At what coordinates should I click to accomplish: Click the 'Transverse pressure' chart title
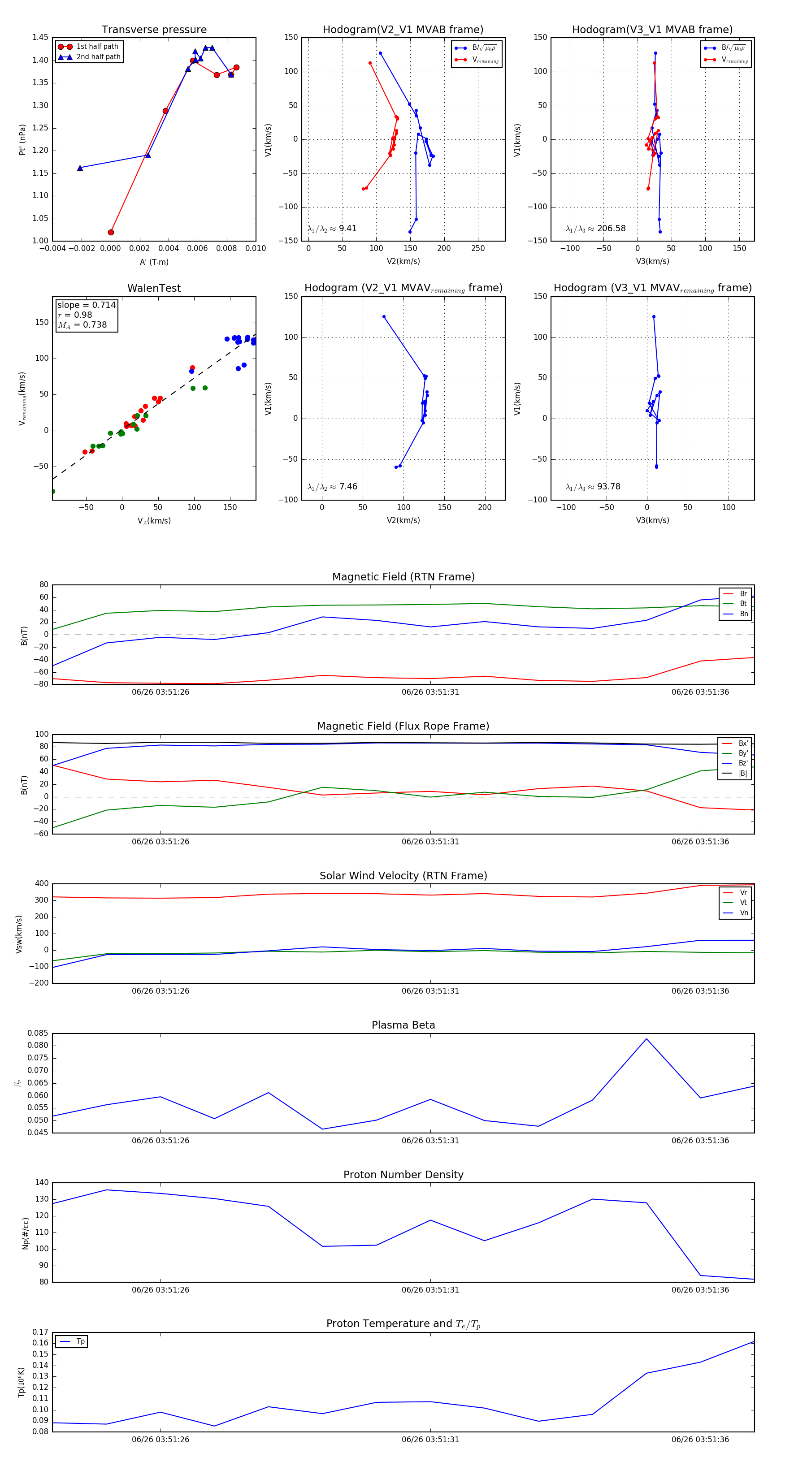pyautogui.click(x=154, y=30)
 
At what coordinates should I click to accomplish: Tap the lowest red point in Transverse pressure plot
pyautogui.click(x=111, y=233)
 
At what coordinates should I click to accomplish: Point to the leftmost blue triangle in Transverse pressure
pyautogui.click(x=80, y=168)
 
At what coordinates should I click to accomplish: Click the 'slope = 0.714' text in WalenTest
pyautogui.click(x=86, y=305)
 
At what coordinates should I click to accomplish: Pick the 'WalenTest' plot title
pyautogui.click(x=154, y=288)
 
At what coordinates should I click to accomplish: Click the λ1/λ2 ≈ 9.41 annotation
pyautogui.click(x=332, y=229)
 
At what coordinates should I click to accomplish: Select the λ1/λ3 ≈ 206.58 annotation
pyautogui.click(x=596, y=229)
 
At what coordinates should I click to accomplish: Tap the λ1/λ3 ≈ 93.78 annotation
pyautogui.click(x=593, y=487)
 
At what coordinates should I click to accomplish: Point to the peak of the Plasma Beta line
pyautogui.click(x=646, y=1038)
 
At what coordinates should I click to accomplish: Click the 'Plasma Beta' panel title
pyautogui.click(x=403, y=1025)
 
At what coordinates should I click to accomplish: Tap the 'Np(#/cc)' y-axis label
pyautogui.click(x=25, y=1232)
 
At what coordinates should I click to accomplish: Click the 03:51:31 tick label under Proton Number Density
pyautogui.click(x=430, y=1289)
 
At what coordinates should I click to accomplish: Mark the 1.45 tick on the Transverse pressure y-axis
pyautogui.click(x=40, y=37)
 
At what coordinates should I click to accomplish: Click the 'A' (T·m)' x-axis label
pyautogui.click(x=154, y=262)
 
